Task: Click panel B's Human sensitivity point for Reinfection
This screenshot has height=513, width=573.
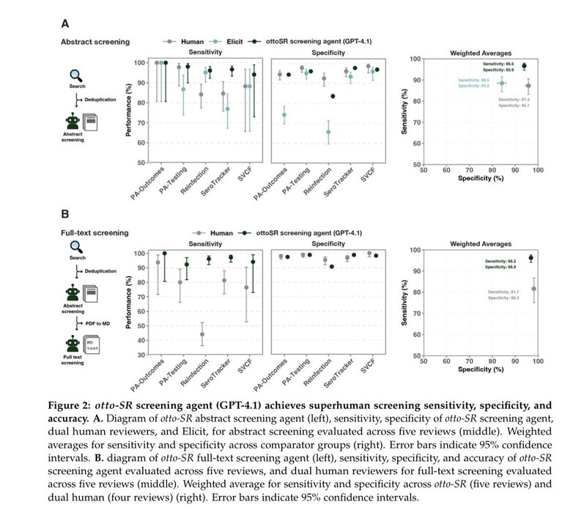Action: coord(202,334)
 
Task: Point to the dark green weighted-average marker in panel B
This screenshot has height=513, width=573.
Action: coord(531,258)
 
